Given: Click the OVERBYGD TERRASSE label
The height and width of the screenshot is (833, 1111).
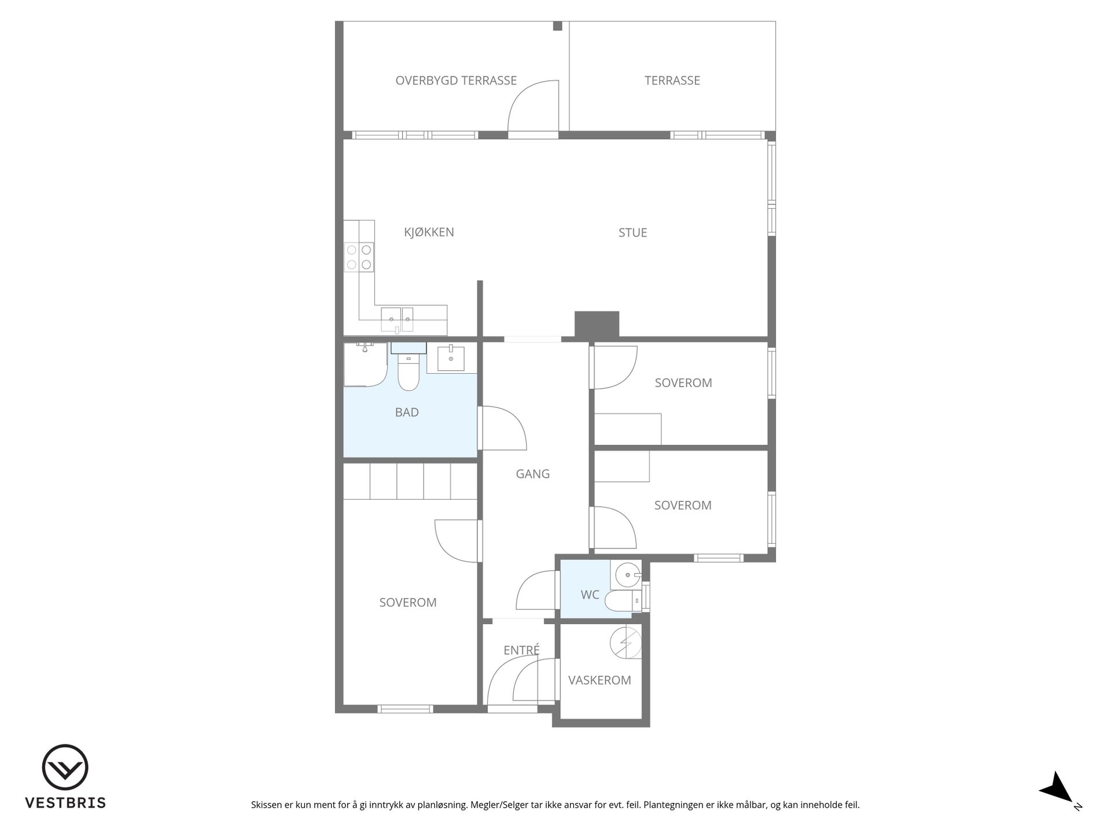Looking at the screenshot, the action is point(456,80).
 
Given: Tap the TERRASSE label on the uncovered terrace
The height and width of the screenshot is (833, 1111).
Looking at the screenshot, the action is point(672,80).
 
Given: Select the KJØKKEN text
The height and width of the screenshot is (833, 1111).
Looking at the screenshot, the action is point(429,232).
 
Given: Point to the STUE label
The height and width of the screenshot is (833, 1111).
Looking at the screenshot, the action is point(632,233).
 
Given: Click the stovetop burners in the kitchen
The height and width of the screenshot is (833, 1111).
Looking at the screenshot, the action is point(359,257).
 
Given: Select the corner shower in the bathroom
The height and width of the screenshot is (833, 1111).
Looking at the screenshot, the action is point(365,364).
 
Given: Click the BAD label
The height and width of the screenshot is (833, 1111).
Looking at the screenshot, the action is point(407,412).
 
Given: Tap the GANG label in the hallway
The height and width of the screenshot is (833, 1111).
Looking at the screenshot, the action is point(533,474).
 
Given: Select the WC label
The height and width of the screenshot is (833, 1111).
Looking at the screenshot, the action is point(590,595).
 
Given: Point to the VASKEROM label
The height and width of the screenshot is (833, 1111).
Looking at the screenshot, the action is point(599,680).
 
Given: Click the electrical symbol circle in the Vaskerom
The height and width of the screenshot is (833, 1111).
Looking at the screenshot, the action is point(626,643).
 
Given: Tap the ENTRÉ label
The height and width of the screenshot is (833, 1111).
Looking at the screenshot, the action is point(521,650).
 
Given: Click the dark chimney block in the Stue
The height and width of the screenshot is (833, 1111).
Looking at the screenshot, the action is point(597,324).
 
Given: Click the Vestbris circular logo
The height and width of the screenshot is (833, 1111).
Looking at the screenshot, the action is point(65,767).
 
